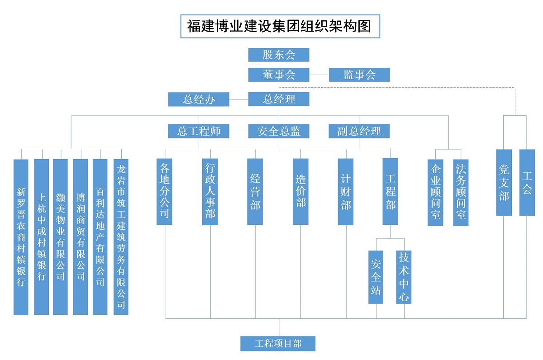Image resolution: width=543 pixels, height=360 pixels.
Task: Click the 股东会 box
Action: [279, 55]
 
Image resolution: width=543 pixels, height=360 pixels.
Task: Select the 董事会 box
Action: [279, 75]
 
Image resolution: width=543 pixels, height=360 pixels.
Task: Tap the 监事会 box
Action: [359, 75]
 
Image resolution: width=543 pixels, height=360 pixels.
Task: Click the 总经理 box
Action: [279, 99]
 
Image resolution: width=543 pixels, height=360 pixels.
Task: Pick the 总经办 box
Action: [199, 99]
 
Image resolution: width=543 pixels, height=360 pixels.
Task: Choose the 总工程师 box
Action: [199, 131]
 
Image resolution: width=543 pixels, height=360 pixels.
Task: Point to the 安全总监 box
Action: [279, 131]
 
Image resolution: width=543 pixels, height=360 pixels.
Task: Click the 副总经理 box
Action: [359, 131]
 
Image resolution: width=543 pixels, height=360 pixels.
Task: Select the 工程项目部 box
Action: [278, 344]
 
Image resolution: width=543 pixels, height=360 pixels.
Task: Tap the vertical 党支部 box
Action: [504, 183]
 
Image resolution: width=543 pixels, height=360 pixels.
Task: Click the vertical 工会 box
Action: [527, 183]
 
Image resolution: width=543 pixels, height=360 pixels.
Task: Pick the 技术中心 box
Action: [404, 277]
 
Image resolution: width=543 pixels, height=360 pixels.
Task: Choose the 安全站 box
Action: [376, 277]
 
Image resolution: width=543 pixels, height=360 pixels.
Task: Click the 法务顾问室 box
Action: [461, 192]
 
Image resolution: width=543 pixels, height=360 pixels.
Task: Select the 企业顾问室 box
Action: [436, 192]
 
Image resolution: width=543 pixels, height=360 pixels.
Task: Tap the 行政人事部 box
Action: [210, 191]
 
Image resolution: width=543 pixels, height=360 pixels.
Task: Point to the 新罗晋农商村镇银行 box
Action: [21, 237]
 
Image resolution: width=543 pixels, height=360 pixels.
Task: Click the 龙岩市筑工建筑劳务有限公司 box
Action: [121, 237]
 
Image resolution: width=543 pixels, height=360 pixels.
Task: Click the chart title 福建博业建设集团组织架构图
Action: [279, 27]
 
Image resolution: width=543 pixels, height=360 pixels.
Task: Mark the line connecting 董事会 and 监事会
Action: [319, 75]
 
